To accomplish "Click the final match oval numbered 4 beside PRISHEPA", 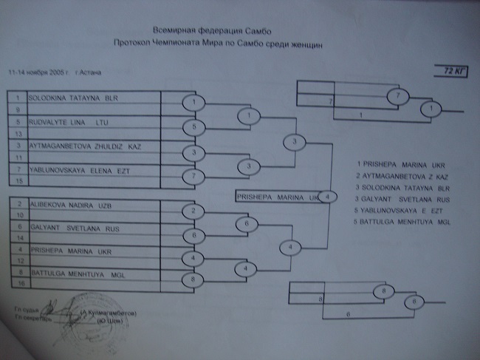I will point(329,197).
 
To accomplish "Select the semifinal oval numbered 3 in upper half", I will point(295,141).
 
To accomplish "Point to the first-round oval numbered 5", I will point(193,126).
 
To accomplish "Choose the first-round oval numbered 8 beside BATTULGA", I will point(193,279).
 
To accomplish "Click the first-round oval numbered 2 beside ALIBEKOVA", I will point(193,211).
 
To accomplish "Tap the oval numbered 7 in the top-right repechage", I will point(397,96).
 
